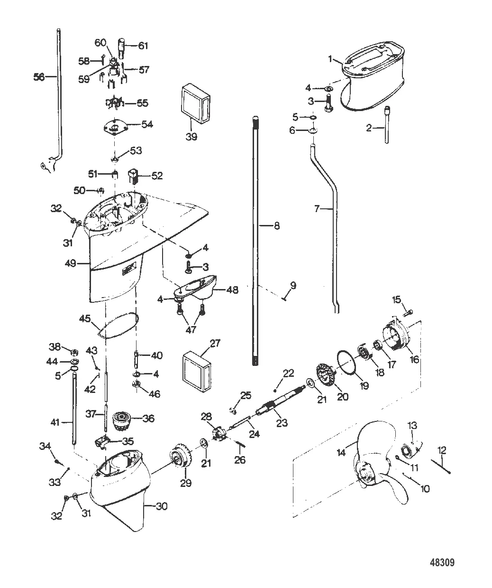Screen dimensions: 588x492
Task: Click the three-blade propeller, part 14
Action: (379, 463)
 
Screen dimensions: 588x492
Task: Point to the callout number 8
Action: (277, 226)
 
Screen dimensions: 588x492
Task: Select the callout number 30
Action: (162, 507)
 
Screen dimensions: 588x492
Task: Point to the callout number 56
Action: (39, 76)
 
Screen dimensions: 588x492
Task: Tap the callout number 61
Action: (143, 46)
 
